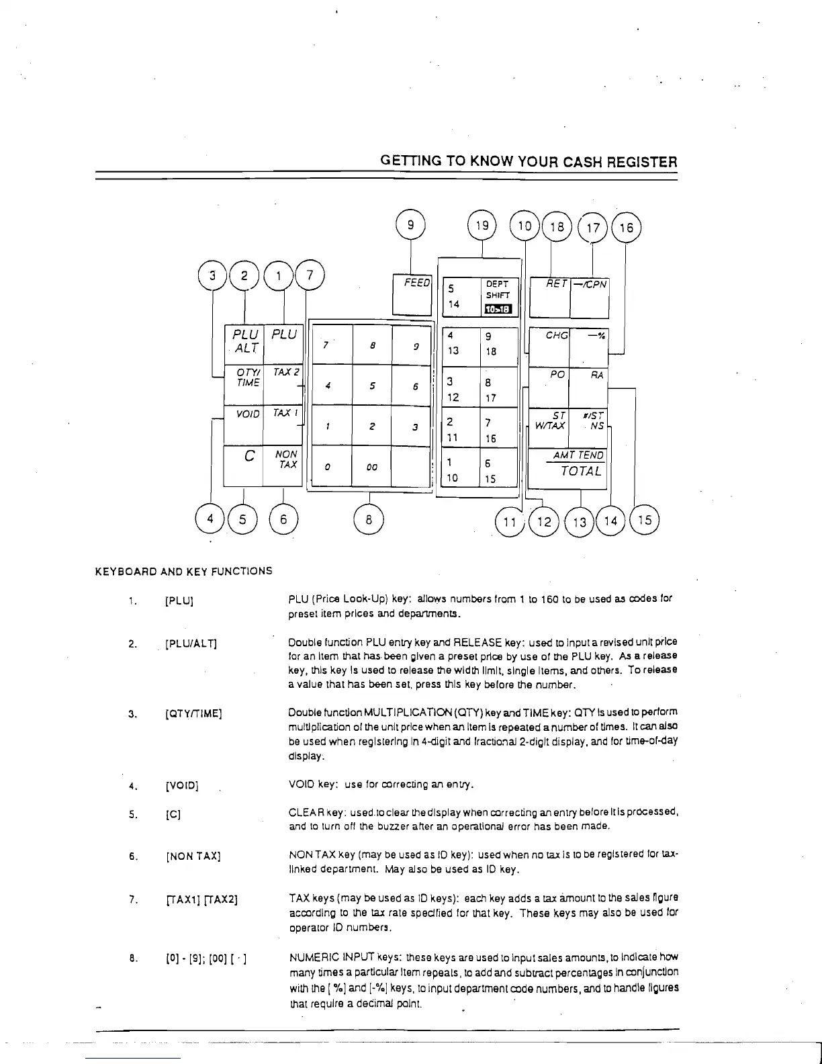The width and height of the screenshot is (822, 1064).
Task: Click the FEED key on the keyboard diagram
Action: click(411, 294)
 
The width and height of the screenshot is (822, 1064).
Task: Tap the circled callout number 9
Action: click(411, 226)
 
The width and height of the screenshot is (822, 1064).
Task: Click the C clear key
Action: click(244, 464)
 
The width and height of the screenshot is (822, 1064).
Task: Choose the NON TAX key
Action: click(285, 464)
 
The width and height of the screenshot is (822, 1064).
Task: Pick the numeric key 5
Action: click(372, 386)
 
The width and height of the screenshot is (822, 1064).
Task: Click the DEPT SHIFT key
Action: click(498, 296)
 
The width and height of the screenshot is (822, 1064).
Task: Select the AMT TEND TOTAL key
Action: click(568, 468)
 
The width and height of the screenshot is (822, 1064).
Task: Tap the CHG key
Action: click(550, 347)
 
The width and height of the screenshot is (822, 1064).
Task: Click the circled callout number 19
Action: click(482, 226)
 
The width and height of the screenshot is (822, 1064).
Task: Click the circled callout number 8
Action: click(369, 519)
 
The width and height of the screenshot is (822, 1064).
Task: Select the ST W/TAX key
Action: click(549, 427)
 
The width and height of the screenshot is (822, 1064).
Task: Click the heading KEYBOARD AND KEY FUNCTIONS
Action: click(183, 572)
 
